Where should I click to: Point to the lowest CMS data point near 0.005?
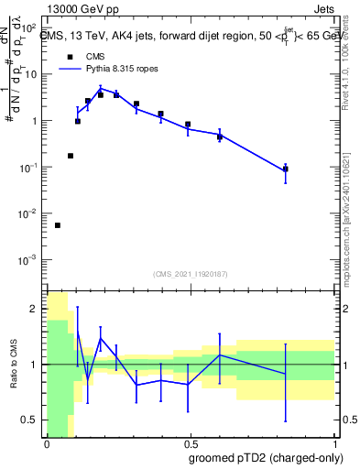coord(58,225)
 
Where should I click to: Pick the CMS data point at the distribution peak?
coord(101,94)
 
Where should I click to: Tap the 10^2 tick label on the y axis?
coord(27,27)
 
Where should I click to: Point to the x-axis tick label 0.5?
coord(190,443)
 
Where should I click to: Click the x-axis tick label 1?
coord(333,443)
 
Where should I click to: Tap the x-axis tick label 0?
coord(47,443)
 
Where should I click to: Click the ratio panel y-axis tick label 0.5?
coord(27,420)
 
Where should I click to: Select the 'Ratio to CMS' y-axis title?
coord(13,365)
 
